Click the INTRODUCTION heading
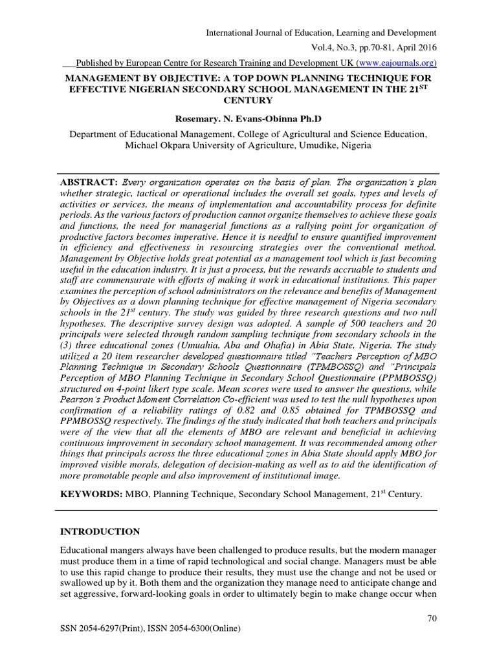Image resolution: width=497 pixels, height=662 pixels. pos(100,531)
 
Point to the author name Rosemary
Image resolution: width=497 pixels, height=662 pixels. pos(198,119)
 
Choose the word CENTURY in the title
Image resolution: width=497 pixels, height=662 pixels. pos(248,100)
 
